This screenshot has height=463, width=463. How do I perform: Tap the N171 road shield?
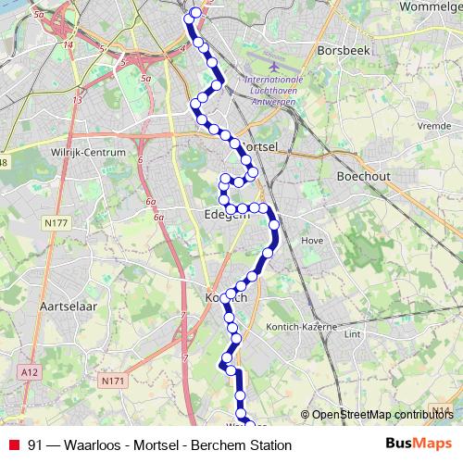pyautogui.click(x=112, y=380)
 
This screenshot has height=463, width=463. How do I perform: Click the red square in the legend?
pyautogui.click(x=14, y=445)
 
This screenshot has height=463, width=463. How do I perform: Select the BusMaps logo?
pyautogui.click(x=419, y=444)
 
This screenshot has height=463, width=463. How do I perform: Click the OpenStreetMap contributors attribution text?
pyautogui.click(x=382, y=415)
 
